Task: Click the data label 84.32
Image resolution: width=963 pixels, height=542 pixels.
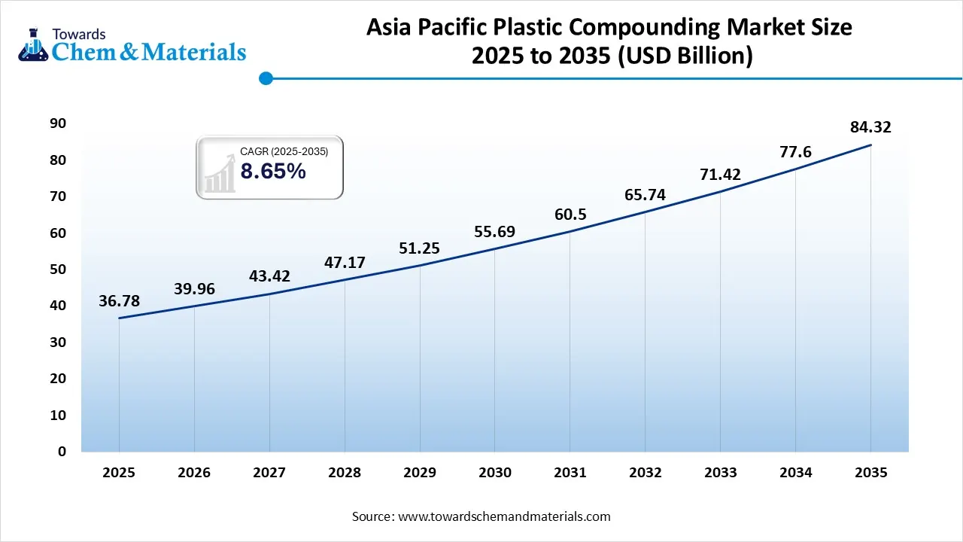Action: click(870, 127)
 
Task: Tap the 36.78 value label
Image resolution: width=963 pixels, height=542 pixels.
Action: click(119, 301)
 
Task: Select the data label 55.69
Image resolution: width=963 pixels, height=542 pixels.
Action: click(494, 232)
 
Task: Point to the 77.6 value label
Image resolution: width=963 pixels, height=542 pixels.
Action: click(796, 153)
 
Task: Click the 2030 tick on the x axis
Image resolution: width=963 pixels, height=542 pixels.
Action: click(494, 473)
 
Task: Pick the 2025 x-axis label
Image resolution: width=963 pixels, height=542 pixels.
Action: click(119, 473)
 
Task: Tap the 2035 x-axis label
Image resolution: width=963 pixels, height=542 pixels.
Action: click(870, 473)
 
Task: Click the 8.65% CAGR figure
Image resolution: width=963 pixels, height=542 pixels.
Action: click(273, 172)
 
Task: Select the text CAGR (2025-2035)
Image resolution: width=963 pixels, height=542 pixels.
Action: click(284, 152)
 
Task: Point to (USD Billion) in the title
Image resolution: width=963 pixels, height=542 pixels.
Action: click(685, 56)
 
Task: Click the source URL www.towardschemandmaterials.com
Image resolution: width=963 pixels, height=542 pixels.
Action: click(504, 517)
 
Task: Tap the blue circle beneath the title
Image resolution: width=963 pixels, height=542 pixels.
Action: click(265, 78)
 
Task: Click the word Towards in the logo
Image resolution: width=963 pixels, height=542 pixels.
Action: click(79, 34)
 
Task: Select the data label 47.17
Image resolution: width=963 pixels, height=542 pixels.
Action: click(345, 263)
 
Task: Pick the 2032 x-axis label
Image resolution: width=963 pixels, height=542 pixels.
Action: click(645, 473)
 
